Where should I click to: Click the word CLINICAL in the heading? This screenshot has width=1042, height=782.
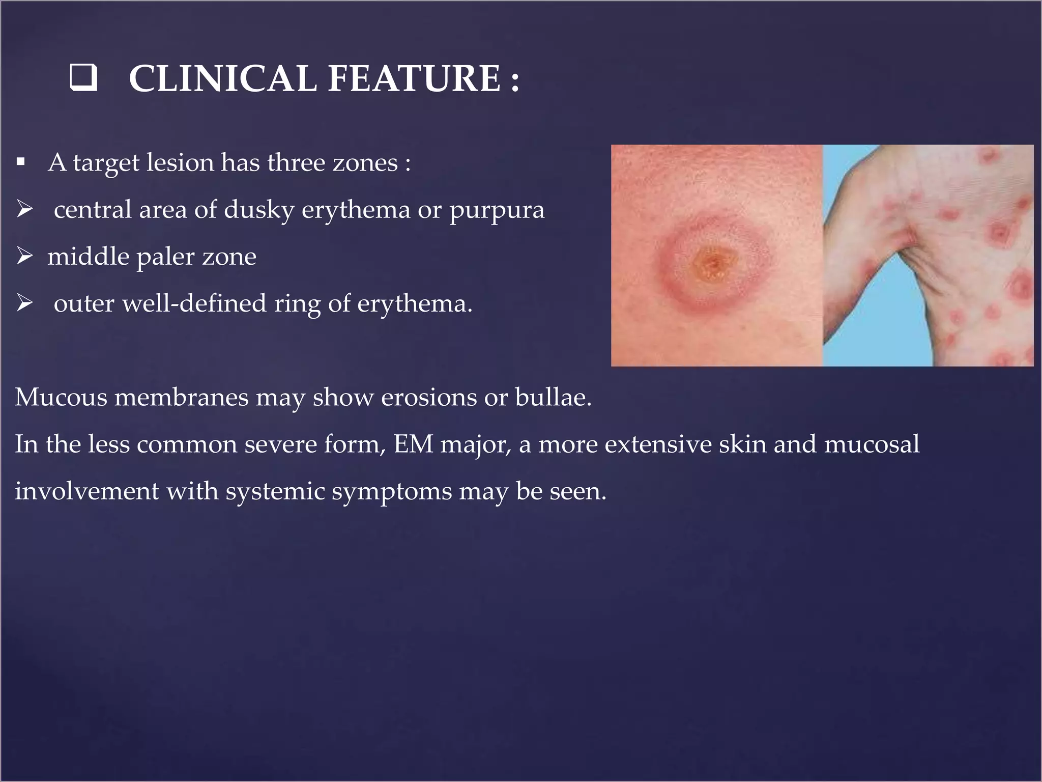[222, 79]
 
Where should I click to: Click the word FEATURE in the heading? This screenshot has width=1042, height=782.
[414, 79]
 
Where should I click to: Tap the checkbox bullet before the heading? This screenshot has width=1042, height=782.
[84, 78]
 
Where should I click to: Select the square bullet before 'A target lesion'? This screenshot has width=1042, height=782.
[20, 162]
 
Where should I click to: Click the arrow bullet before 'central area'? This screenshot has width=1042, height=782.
[24, 209]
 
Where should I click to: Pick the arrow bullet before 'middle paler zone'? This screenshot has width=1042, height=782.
[24, 256]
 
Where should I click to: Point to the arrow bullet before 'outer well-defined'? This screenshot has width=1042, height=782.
[24, 302]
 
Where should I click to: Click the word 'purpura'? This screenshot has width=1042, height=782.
[497, 210]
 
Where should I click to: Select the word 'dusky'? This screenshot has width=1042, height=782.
[259, 210]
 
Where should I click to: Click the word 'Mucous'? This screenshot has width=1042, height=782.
[61, 397]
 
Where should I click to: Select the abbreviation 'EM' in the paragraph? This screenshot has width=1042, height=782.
[413, 444]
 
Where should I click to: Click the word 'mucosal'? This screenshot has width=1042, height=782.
[872, 444]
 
